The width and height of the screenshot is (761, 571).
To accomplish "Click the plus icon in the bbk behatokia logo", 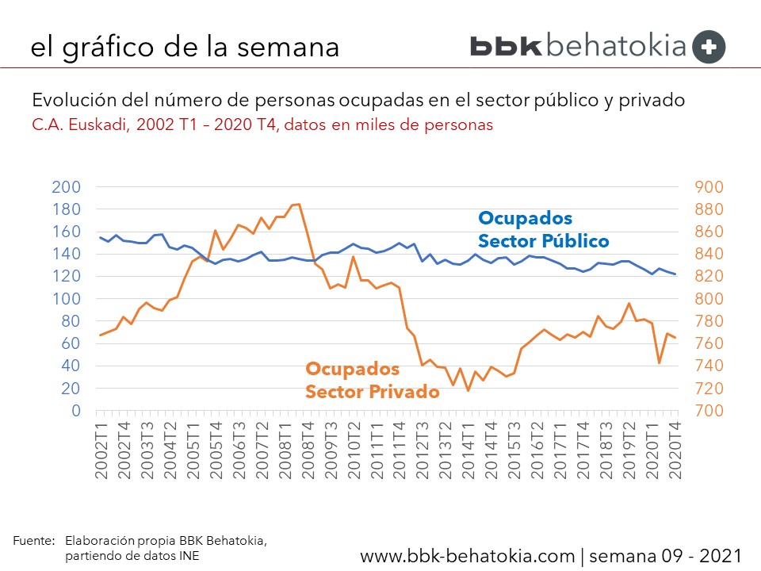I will (709, 46).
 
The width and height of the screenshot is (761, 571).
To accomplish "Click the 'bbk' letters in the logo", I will (507, 46).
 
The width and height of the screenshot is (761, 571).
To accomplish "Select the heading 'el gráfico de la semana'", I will (185, 46).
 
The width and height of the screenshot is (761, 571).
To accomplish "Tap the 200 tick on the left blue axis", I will (66, 187).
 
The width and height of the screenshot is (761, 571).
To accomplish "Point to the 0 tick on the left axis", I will (76, 411).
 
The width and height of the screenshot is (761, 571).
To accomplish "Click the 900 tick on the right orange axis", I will (709, 187).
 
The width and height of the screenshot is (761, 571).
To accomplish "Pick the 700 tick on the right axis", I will (709, 411).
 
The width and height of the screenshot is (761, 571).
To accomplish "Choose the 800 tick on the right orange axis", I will (709, 299).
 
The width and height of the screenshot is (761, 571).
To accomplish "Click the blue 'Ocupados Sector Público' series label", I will (543, 230).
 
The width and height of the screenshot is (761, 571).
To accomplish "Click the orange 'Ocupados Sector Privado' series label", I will (373, 381).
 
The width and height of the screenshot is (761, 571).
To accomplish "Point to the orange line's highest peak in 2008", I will (297, 205).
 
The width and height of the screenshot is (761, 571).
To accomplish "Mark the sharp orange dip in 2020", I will (660, 362).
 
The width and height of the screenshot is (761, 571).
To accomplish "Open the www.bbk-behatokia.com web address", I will (468, 554).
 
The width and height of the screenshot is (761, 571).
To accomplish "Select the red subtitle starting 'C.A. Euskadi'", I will (262, 125).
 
